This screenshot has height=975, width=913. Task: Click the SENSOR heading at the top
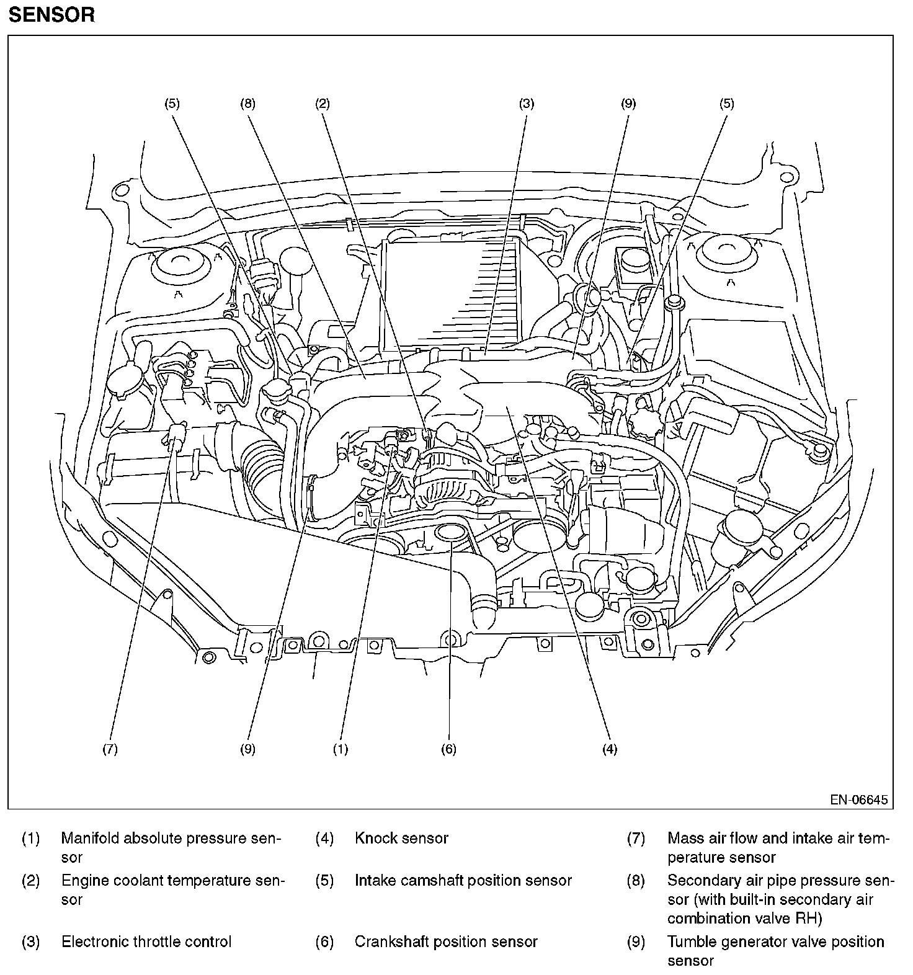pyautogui.click(x=51, y=14)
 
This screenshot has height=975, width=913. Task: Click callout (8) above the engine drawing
pyautogui.click(x=247, y=104)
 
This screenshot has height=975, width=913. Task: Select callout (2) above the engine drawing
pyautogui.click(x=322, y=104)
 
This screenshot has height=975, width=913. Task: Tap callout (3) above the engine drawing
pyautogui.click(x=527, y=104)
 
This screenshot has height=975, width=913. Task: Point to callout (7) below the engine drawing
pyautogui.click(x=110, y=749)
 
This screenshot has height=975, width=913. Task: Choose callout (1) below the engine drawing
pyautogui.click(x=341, y=749)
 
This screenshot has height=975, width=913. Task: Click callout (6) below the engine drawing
pyautogui.click(x=448, y=749)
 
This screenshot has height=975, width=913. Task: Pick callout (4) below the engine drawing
pyautogui.click(x=610, y=749)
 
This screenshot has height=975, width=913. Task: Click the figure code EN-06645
pyautogui.click(x=859, y=799)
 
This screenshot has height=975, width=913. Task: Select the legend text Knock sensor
pyautogui.click(x=401, y=839)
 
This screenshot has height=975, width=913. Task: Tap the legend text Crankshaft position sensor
pyautogui.click(x=446, y=942)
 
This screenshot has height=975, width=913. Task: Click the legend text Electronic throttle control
pyautogui.click(x=146, y=942)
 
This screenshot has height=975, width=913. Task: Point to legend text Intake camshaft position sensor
pyautogui.click(x=463, y=880)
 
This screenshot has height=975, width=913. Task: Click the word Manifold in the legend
pyautogui.click(x=91, y=839)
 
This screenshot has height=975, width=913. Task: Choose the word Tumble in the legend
pyautogui.click(x=690, y=942)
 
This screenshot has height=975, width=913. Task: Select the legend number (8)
pyautogui.click(x=636, y=880)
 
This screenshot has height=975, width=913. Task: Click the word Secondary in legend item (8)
pyautogui.click(x=703, y=880)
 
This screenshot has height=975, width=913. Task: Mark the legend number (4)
pyautogui.click(x=324, y=839)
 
